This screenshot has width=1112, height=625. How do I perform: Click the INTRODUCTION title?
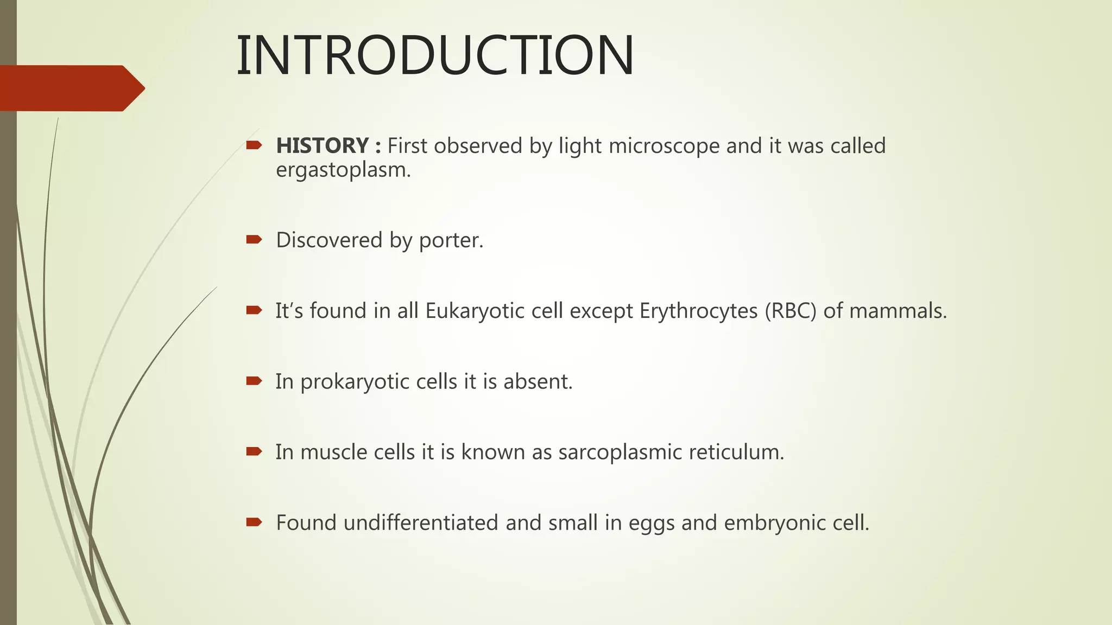434,55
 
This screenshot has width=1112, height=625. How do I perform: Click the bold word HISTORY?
323,145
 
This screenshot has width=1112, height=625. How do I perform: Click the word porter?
451,240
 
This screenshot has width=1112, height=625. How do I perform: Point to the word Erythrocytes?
698,311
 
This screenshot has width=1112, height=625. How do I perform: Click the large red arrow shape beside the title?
71,88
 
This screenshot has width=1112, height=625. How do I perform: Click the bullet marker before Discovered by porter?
254,239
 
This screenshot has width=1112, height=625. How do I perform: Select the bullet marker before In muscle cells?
254,451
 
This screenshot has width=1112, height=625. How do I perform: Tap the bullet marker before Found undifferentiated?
254,522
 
